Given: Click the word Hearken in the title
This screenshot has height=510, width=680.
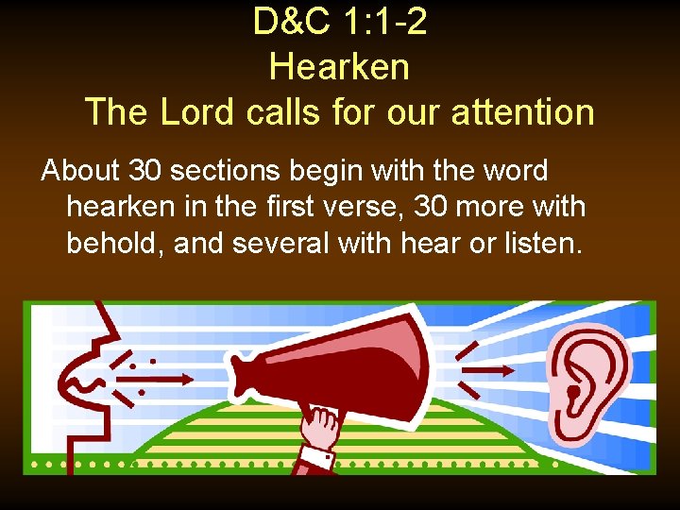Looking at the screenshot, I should click(339, 67).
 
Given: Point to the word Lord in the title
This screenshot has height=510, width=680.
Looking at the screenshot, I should click(196, 111).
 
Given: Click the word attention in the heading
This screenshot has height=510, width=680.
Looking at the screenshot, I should click(521, 111).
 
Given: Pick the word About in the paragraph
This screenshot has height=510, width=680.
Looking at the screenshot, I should click(80, 171).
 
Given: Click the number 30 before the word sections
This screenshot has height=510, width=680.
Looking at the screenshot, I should click(145, 171).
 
